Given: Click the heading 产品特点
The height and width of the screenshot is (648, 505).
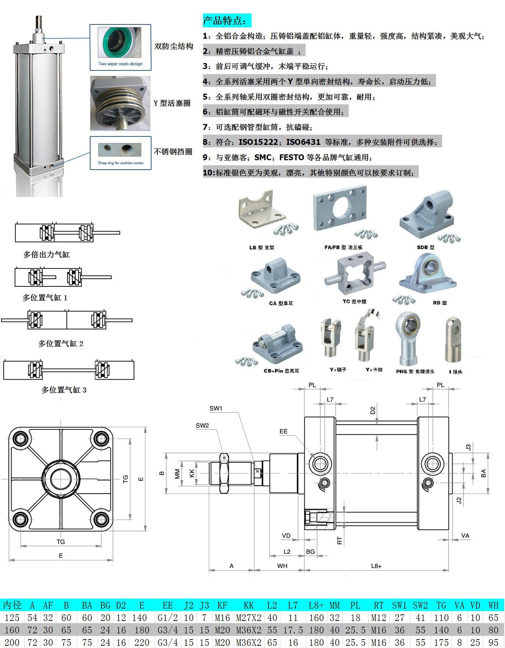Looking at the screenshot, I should point(227,21).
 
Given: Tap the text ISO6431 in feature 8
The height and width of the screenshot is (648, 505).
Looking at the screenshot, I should point(303,142).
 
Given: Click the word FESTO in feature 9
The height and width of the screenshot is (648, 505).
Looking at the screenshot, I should point(291,157).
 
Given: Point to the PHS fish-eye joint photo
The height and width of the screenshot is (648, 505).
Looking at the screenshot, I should point(408,337).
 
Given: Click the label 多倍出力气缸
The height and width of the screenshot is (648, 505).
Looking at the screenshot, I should point(47,255).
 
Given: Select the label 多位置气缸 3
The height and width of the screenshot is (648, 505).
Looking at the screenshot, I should point(64,390).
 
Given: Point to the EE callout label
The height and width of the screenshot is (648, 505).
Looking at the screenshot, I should point(283,431).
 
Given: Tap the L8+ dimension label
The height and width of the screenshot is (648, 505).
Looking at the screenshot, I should point(376,566).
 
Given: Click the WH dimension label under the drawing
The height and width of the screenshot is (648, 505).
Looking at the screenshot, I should point(282,566).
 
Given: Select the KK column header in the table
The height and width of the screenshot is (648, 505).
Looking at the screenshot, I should point(248,605).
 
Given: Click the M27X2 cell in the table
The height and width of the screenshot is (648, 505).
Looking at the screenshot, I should point(248,618).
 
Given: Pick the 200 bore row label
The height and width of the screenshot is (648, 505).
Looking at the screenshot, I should point(12,642).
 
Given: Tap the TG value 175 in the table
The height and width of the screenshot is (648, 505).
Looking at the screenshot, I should point(441,642).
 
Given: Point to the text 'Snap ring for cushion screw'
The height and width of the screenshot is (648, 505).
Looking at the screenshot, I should point(121,163).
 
